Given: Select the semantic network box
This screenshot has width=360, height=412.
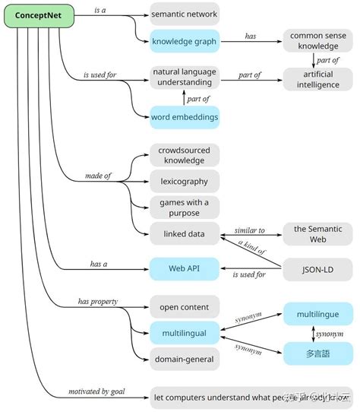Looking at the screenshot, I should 184,14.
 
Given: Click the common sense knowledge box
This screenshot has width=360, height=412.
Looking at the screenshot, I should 317,42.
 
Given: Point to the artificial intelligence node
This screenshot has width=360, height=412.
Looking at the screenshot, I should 317,80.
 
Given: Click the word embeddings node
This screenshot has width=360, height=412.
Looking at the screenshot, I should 184,117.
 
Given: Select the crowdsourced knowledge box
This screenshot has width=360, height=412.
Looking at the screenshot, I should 184,155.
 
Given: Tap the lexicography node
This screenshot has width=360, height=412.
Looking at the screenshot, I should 184,181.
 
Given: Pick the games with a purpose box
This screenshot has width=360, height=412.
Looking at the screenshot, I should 184,207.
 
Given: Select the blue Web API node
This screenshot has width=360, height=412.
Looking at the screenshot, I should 184,268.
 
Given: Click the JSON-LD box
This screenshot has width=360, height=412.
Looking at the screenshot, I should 317,268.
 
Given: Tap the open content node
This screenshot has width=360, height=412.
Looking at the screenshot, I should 184,306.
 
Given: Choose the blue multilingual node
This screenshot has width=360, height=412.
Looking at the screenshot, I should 184,332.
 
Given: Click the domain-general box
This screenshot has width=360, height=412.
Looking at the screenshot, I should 184,358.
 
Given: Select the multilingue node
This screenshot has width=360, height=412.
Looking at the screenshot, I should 318,313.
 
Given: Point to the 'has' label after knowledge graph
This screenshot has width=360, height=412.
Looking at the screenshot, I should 250,36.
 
